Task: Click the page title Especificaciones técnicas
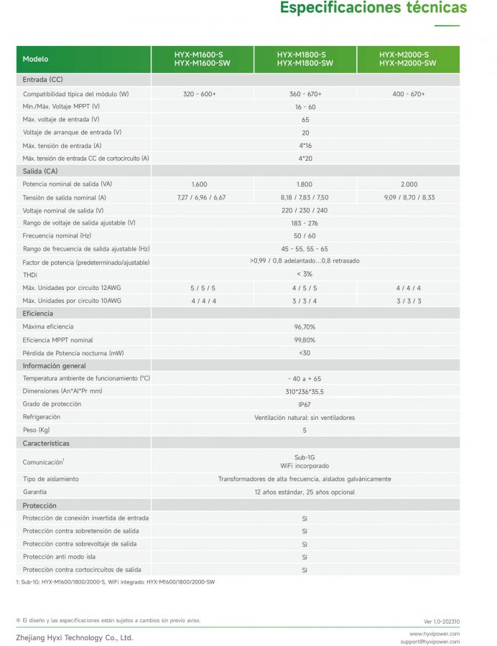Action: click(x=373, y=9)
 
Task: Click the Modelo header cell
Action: click(x=36, y=59)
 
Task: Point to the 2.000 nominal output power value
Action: click(x=409, y=184)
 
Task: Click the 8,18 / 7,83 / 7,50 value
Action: click(x=305, y=197)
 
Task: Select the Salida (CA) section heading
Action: click(x=40, y=172)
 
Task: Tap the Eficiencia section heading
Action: click(x=38, y=314)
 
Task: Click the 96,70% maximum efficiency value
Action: click(x=305, y=327)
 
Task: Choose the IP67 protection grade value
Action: click(x=305, y=404)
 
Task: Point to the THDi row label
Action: click(x=30, y=275)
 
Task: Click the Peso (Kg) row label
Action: click(x=36, y=430)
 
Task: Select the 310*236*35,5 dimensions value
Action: click(x=305, y=391)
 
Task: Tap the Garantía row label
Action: click(x=34, y=492)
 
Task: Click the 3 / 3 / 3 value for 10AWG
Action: click(x=409, y=301)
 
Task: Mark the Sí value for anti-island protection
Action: click(x=305, y=557)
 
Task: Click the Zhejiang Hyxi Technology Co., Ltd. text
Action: click(x=74, y=637)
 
